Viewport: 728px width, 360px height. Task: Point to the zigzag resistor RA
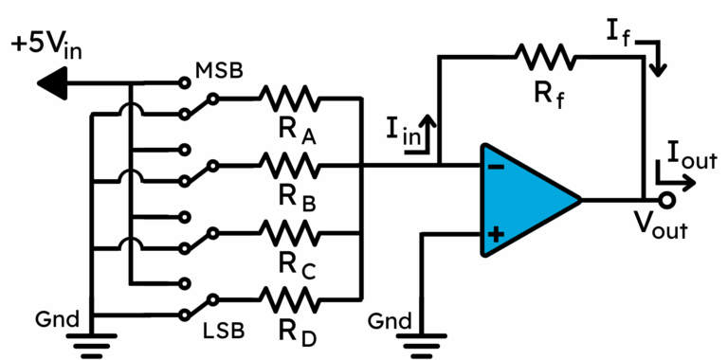292,98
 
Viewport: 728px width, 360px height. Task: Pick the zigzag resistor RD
292,299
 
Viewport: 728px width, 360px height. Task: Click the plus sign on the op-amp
495,234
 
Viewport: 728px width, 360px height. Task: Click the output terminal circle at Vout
666,201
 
